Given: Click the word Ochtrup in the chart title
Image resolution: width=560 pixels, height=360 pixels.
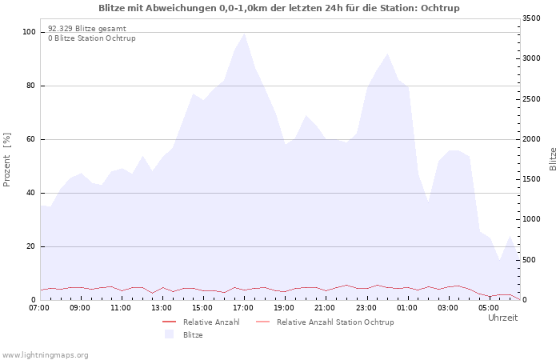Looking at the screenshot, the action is pyautogui.click(x=440, y=8).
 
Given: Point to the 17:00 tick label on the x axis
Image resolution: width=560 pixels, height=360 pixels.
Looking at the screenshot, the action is pyautogui.click(x=243, y=308).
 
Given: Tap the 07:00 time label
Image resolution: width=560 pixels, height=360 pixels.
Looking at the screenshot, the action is pyautogui.click(x=39, y=308).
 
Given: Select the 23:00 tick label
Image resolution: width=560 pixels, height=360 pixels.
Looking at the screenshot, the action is pyautogui.click(x=366, y=308).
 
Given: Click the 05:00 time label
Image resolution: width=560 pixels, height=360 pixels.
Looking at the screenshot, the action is pyautogui.click(x=489, y=308).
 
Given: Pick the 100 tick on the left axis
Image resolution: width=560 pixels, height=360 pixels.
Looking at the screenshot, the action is pyautogui.click(x=29, y=32).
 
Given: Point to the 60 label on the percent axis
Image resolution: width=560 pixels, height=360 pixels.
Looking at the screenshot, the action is pyautogui.click(x=31, y=139).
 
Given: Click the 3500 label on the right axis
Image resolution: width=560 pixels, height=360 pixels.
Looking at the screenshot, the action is pyautogui.click(x=531, y=18).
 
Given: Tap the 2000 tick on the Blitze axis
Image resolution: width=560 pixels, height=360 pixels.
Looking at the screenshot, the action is pyautogui.click(x=531, y=139).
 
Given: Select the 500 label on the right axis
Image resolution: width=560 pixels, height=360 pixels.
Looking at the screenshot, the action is pyautogui.click(x=530, y=260).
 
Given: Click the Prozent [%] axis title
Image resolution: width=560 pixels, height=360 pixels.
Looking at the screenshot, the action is pyautogui.click(x=6, y=160).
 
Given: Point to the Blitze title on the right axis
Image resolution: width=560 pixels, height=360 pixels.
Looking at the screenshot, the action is pyautogui.click(x=553, y=159).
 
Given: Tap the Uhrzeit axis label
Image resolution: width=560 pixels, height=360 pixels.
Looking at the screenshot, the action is pyautogui.click(x=503, y=318).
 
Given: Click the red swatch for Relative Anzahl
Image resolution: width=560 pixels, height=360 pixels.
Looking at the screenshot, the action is pyautogui.click(x=170, y=322).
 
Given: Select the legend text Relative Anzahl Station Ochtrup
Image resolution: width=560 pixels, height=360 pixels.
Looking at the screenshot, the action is pyautogui.click(x=335, y=322).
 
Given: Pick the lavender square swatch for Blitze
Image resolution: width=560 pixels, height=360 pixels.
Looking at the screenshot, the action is pyautogui.click(x=170, y=334).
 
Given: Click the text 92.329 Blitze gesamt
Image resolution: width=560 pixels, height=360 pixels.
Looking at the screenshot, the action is pyautogui.click(x=87, y=29).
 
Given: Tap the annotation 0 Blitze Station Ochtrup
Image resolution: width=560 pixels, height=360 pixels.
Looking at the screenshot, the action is pyautogui.click(x=92, y=38).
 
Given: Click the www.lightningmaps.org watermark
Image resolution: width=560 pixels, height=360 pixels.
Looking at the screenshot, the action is pyautogui.click(x=44, y=355).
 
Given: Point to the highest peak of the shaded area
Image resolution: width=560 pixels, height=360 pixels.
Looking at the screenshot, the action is pyautogui.click(x=244, y=34).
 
